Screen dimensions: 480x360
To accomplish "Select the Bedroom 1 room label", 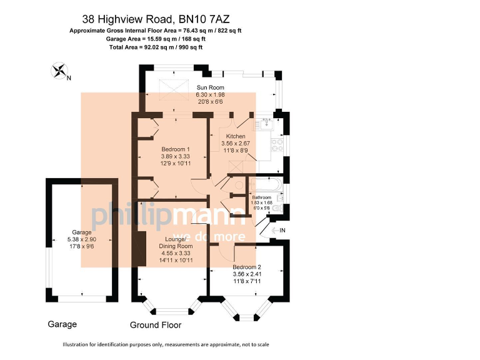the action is (175, 149).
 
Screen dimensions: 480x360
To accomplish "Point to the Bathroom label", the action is (261, 197).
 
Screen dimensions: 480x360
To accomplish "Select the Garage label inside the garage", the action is (81, 232).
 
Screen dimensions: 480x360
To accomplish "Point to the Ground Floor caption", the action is (156, 325).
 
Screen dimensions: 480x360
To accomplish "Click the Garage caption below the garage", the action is (62, 324).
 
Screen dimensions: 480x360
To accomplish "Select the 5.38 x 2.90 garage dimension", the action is (81, 239).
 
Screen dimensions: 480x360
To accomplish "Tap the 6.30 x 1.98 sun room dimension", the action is (209, 94).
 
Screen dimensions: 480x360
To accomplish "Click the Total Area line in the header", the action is (156, 47).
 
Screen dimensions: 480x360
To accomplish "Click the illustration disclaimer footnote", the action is (165, 345).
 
